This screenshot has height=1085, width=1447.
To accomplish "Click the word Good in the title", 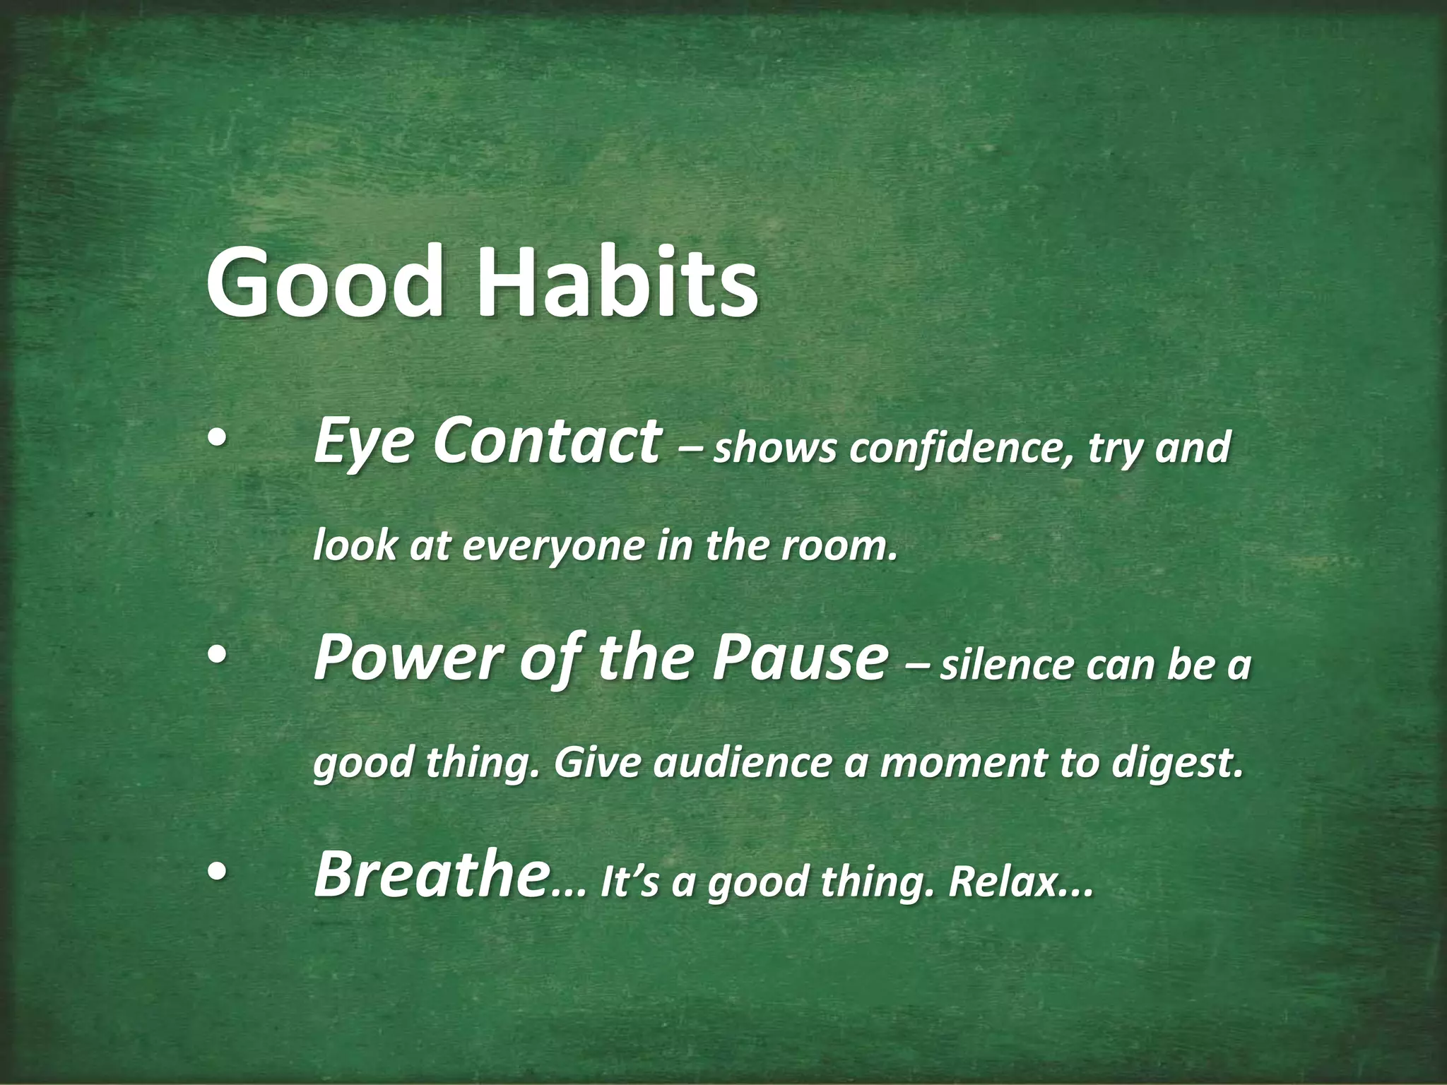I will pos(326,281).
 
